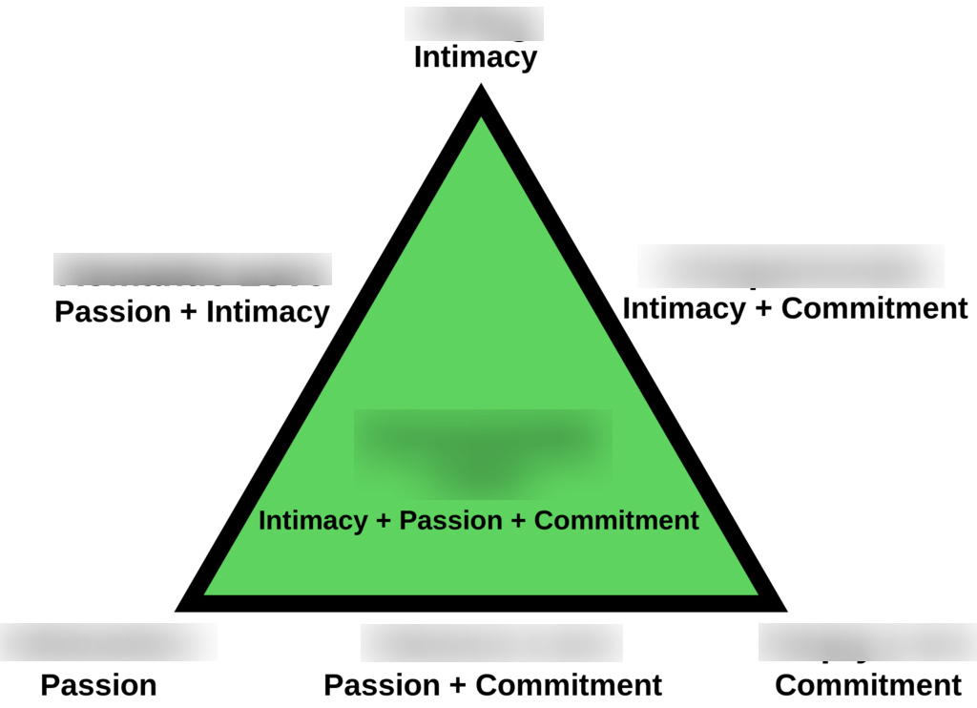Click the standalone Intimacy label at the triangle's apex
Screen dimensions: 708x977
(x=475, y=57)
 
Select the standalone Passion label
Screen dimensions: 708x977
(x=98, y=685)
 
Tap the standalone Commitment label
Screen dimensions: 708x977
(x=868, y=685)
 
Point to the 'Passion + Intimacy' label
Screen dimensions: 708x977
(x=192, y=312)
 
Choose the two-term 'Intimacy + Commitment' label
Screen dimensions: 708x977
(x=795, y=308)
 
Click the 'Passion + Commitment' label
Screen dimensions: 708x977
(x=492, y=685)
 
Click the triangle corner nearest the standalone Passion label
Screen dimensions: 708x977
(x=183, y=606)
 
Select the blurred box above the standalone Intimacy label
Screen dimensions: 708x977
(x=474, y=23)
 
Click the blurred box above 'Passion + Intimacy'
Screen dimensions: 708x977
(x=192, y=269)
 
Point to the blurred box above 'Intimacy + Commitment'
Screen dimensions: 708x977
(x=791, y=265)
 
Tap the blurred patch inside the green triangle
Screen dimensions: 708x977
(x=483, y=448)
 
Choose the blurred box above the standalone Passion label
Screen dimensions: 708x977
(x=108, y=641)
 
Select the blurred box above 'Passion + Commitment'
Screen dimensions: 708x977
(x=491, y=642)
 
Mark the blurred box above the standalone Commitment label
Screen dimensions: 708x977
(x=866, y=641)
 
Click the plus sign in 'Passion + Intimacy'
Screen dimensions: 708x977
(x=191, y=312)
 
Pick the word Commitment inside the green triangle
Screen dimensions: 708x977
(x=616, y=521)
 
